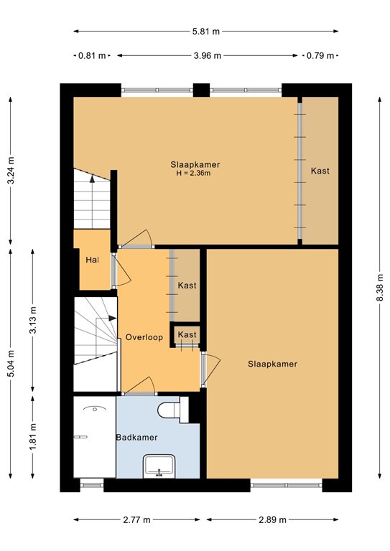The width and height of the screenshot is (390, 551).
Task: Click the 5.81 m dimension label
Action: coord(205,32)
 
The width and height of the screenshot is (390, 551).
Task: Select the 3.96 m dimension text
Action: coord(206,55)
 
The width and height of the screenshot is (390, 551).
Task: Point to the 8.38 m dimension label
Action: coord(379,288)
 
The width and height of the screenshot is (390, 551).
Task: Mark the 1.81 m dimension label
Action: coord(33,437)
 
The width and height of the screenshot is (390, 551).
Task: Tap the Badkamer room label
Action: coord(136,437)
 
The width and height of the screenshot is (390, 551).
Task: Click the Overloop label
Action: coord(144,337)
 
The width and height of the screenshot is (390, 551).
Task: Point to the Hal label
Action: coord(91,260)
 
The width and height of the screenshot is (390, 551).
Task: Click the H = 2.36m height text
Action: coord(195,173)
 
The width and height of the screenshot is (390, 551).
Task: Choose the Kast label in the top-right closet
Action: coord(320,171)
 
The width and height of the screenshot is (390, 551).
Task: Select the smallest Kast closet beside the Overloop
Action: coord(187,335)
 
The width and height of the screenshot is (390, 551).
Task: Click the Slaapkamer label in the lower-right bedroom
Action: coord(272,364)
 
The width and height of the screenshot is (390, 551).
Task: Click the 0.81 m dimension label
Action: coord(91,55)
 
